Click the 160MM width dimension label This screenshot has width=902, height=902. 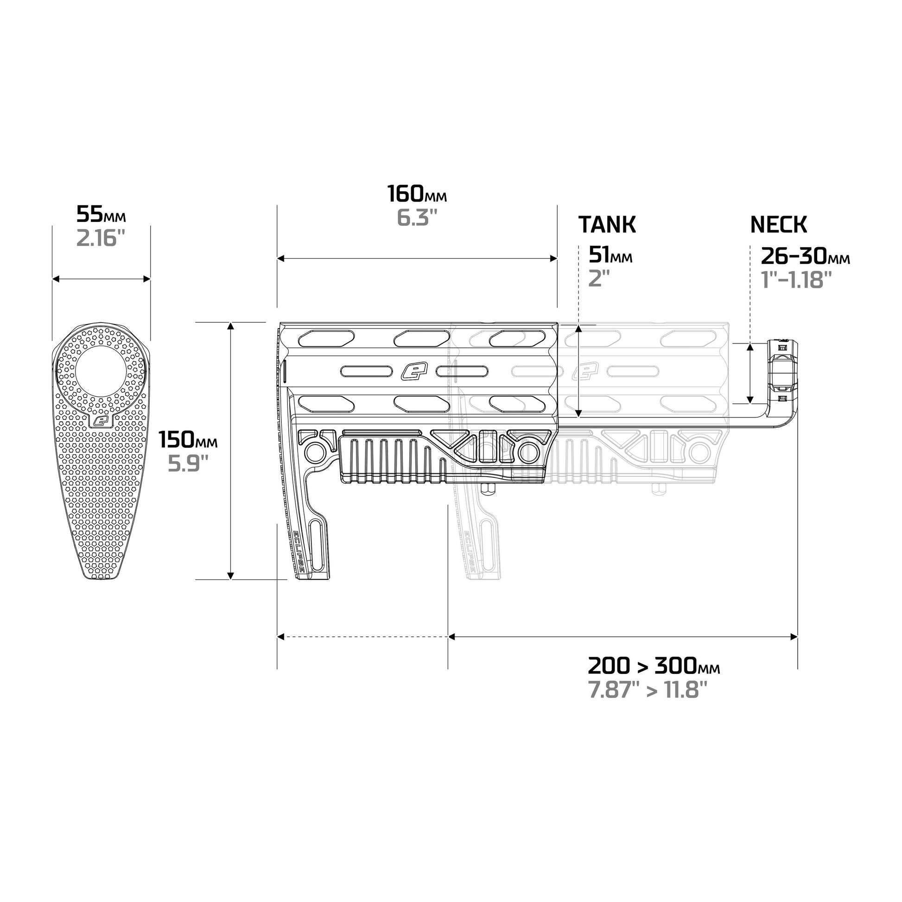point(417,194)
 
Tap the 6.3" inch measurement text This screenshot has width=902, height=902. point(417,218)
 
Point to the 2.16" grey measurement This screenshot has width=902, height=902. point(101,239)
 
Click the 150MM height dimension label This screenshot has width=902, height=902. point(188,440)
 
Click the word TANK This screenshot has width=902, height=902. point(607,224)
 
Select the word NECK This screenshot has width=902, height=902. point(778,224)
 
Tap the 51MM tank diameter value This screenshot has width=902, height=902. point(610,255)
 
